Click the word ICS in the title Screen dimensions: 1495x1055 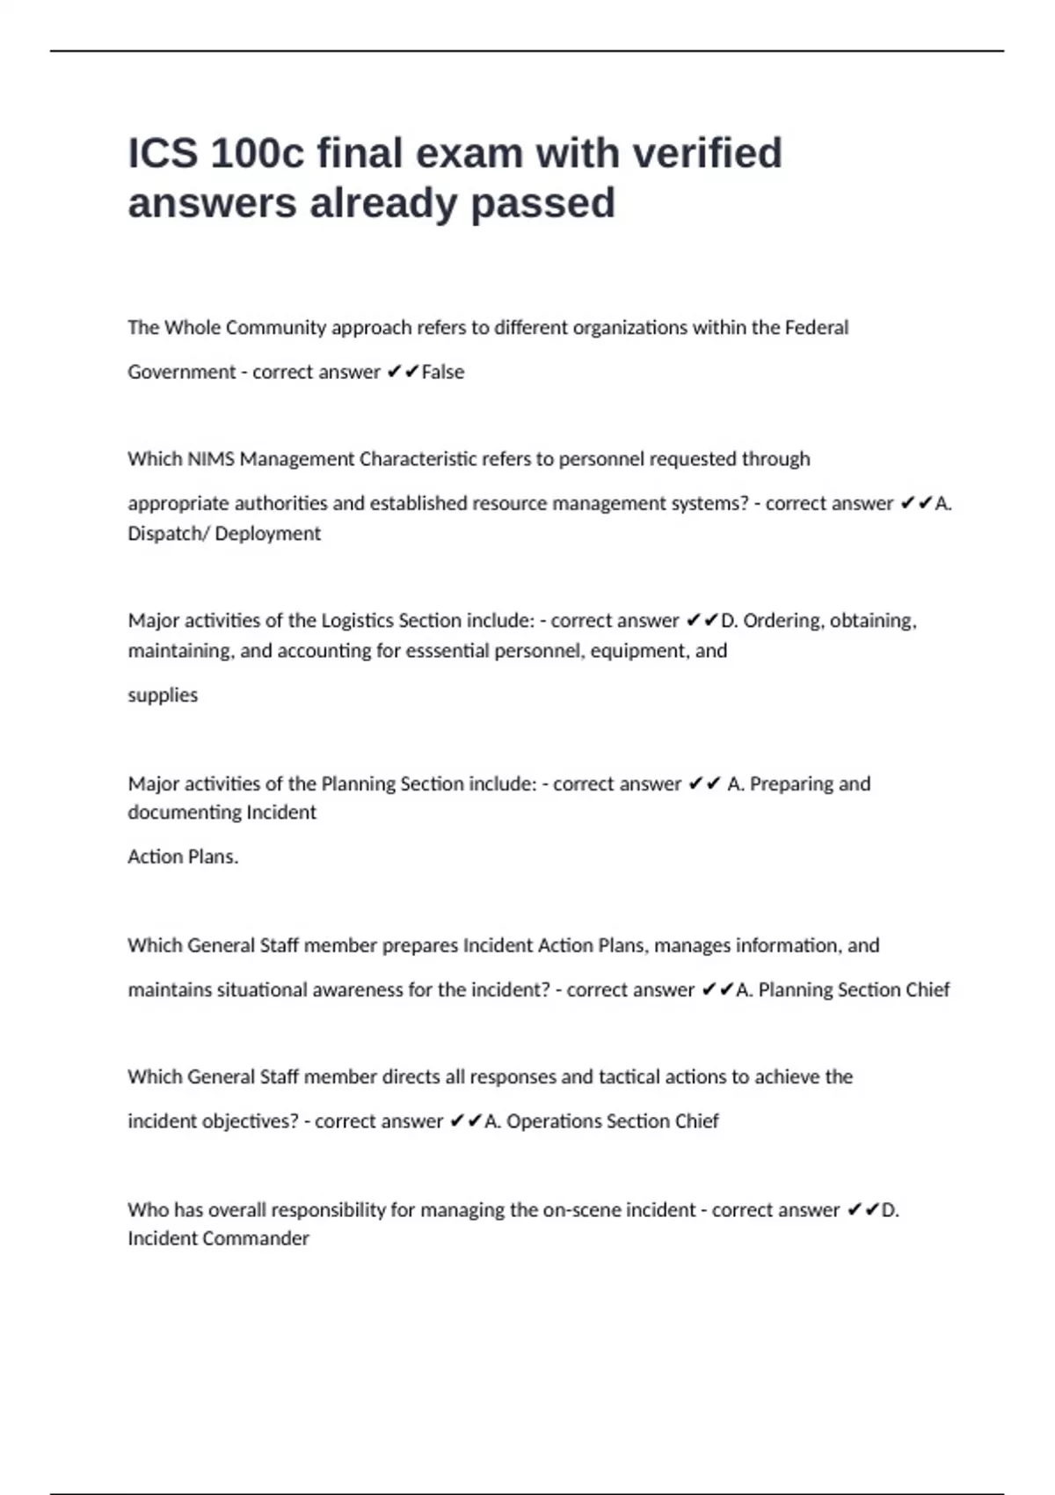coord(163,153)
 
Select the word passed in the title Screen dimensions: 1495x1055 coord(542,203)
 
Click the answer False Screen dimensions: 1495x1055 coord(443,372)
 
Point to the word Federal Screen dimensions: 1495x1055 coord(817,327)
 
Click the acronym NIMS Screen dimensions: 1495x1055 coord(211,459)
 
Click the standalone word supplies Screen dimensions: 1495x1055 coord(163,696)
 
